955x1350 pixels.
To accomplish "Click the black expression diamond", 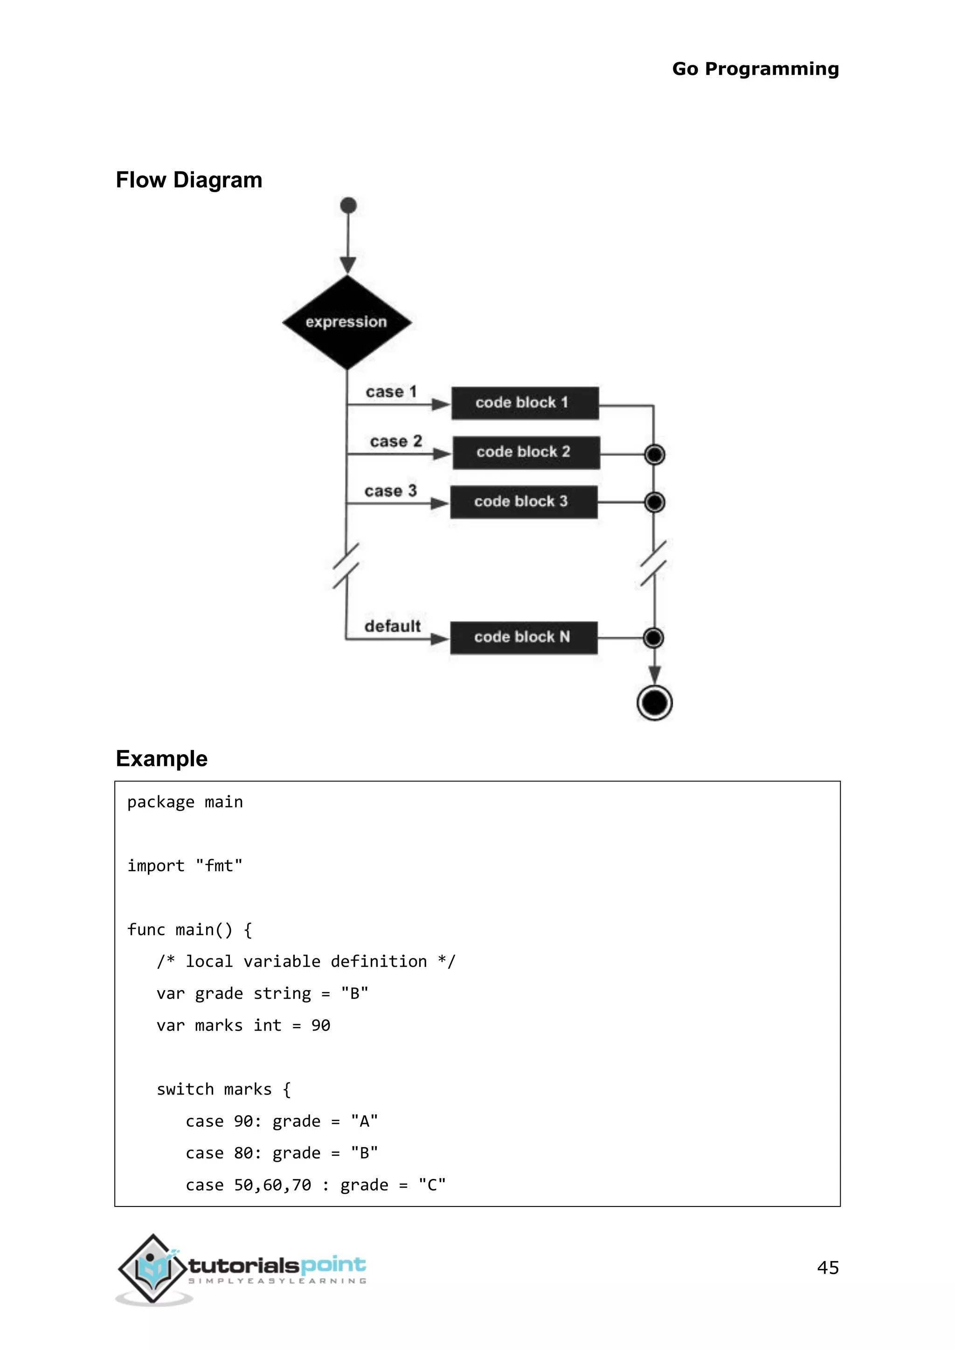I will click(347, 322).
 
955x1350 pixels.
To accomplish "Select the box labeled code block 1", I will click(525, 403).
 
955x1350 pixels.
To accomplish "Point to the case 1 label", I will click(391, 392).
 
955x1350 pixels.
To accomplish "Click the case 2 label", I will click(396, 441).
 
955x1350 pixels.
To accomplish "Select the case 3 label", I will click(390, 490).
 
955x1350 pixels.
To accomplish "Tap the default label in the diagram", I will click(392, 626).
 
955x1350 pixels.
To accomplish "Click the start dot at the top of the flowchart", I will click(348, 205).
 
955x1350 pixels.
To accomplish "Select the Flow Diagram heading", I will click(189, 180).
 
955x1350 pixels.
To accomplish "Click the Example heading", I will click(162, 758).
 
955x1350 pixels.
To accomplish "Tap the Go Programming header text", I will click(755, 69).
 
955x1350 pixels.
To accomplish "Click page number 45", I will click(827, 1267).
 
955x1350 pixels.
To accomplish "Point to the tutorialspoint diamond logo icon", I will click(153, 1269).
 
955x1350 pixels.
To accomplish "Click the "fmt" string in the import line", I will click(219, 866).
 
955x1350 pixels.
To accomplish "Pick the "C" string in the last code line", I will click(432, 1185).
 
